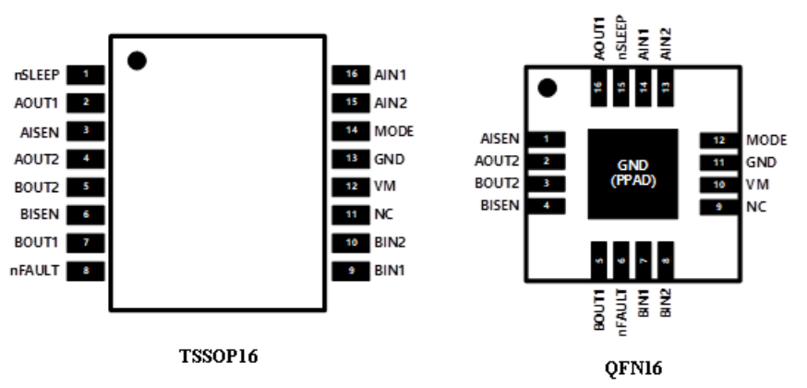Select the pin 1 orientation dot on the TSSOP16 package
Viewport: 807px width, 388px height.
tap(137, 61)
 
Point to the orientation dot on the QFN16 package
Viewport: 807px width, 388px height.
tap(548, 89)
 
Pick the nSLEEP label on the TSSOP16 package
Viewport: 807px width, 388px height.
tap(35, 73)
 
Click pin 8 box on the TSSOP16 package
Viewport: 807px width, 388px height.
tap(86, 271)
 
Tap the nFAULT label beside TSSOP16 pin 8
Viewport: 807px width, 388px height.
tap(36, 271)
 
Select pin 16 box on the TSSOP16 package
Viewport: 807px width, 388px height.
tap(349, 73)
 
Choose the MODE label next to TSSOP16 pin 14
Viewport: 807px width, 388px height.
tap(393, 130)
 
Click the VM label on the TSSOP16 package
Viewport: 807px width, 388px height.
tap(384, 187)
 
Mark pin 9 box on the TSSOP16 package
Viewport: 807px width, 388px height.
tap(349, 271)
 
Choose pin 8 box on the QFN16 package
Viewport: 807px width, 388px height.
tap(665, 261)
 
